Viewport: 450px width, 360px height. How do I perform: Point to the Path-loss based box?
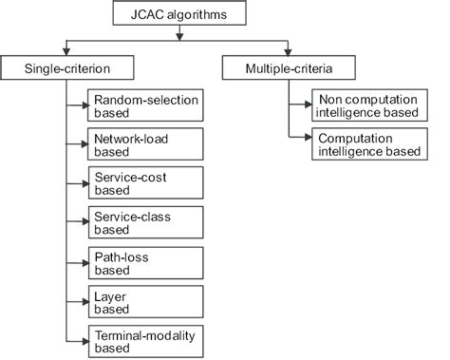click(145, 262)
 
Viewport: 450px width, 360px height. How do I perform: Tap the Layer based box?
click(145, 301)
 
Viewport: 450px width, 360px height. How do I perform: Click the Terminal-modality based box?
click(145, 340)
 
